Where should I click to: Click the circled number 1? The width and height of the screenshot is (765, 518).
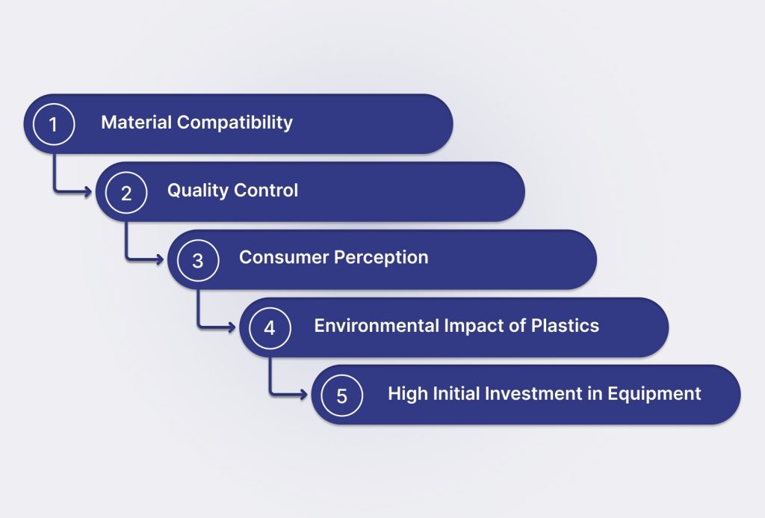pos(54,124)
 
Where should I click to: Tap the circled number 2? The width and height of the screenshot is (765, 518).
pos(126,192)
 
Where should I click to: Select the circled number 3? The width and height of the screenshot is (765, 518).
pos(197,260)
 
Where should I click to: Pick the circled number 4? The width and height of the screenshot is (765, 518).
pos(270,327)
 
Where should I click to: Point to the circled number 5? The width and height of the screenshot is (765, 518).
pos(341,395)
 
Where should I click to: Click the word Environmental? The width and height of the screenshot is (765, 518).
pos(377,325)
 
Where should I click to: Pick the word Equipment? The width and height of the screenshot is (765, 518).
pos(654,394)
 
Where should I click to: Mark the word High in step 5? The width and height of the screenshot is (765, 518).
pos(408,394)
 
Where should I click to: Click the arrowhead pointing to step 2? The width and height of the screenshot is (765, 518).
pos(88,191)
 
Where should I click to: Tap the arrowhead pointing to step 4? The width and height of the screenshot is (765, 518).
pos(232,327)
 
